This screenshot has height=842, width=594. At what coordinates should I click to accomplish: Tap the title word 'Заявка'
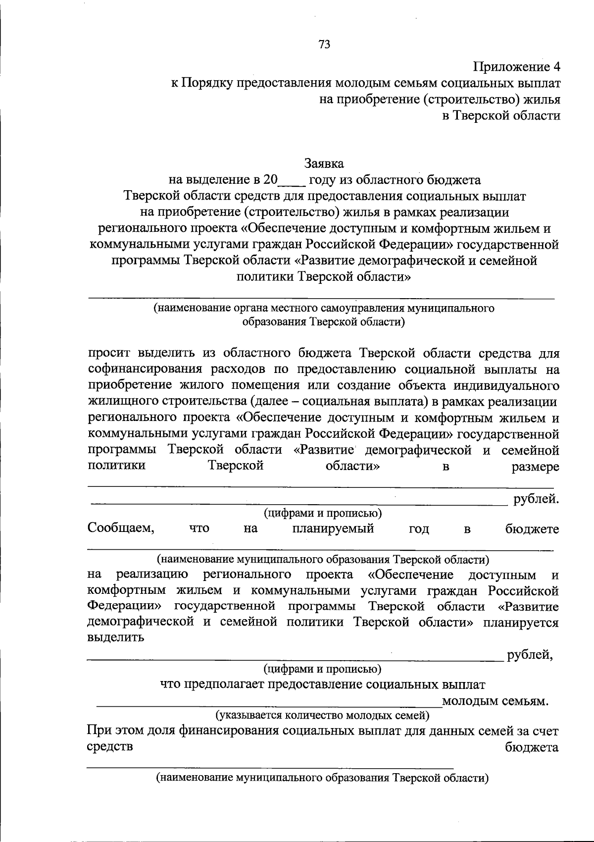pyautogui.click(x=324, y=163)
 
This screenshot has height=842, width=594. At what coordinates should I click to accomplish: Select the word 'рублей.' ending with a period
pyautogui.click(x=537, y=499)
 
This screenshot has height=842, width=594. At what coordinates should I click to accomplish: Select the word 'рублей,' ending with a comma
pyautogui.click(x=529, y=655)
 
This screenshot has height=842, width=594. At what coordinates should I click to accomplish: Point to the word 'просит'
pyautogui.click(x=109, y=353)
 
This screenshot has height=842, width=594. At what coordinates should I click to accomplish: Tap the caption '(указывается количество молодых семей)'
pyautogui.click(x=322, y=715)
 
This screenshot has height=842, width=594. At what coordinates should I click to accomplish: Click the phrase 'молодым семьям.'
pyautogui.click(x=495, y=701)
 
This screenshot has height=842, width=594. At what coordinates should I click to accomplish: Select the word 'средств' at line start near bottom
pyautogui.click(x=110, y=747)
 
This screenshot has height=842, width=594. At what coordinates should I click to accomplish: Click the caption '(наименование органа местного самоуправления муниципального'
pyautogui.click(x=324, y=309)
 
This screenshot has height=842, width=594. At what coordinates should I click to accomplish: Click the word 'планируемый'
pyautogui.click(x=333, y=528)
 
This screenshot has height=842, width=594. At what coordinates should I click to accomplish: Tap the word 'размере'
pyautogui.click(x=536, y=467)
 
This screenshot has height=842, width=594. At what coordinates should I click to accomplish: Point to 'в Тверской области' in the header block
pyautogui.click(x=501, y=116)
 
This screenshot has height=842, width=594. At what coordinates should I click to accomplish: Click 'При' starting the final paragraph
pyautogui.click(x=98, y=731)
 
